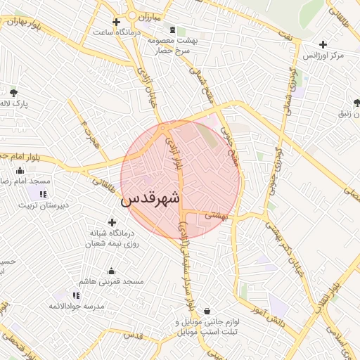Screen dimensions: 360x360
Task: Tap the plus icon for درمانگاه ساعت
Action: [x=117, y=22]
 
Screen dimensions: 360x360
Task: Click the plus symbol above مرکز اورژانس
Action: [x=323, y=44]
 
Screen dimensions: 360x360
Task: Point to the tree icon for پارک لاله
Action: [x=13, y=92]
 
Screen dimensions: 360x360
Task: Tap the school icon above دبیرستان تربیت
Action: [x=43, y=194]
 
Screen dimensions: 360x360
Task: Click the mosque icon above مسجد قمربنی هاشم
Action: [x=111, y=271]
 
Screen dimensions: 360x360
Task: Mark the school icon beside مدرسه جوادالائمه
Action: [x=77, y=295]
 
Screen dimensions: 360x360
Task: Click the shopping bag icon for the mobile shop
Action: [x=207, y=311]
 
